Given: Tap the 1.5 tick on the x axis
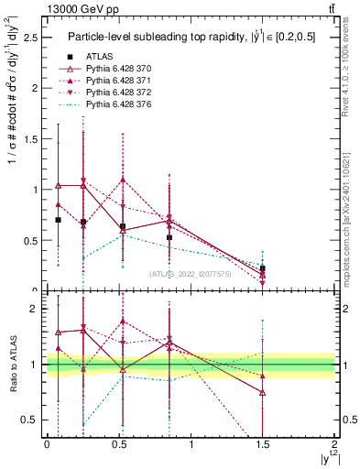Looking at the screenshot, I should (x=263, y=443).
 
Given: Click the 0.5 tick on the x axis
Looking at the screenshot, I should (x=118, y=443).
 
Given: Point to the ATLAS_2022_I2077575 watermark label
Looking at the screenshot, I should (x=190, y=273).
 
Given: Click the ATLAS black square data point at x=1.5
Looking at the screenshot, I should (x=263, y=268).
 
